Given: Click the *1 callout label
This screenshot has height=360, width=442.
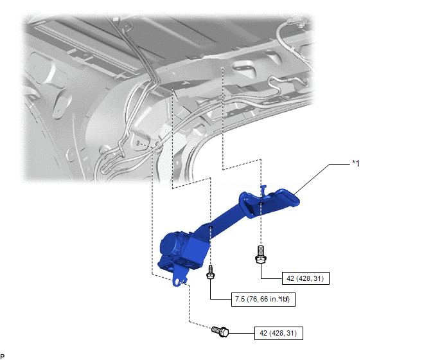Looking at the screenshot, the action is tap(356, 163).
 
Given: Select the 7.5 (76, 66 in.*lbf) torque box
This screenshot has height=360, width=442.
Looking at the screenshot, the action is tap(263, 299).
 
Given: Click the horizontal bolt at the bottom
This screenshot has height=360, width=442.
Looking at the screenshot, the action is tap(220, 332).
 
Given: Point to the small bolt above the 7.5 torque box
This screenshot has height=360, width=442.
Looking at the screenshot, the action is tap(210, 273).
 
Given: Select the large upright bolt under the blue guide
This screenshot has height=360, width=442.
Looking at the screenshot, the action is tap(261, 254).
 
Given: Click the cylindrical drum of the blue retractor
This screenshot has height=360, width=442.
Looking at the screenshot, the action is tap(170, 245).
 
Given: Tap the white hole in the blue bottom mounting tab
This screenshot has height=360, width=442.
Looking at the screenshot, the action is tap(177, 282).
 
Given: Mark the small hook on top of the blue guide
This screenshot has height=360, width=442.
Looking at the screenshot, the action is tap(263, 190).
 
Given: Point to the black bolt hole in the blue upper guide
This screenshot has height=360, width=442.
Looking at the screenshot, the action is tap(261, 203).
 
